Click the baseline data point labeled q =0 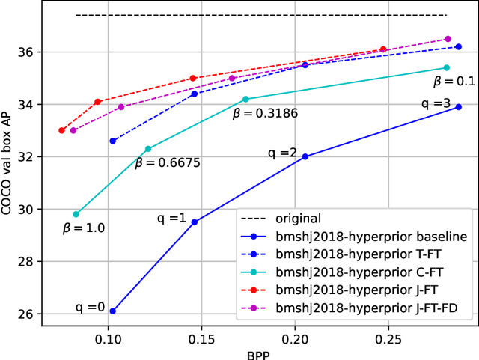(113, 311)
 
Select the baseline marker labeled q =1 (195, 222)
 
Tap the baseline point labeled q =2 (305, 156)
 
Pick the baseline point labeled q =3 (459, 106)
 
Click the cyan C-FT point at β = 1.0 (76, 214)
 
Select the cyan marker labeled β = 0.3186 (245, 99)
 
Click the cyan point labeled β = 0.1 (447, 67)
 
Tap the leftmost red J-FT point (62, 130)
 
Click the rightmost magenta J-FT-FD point (448, 39)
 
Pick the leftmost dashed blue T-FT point (113, 141)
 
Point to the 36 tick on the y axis (27, 52)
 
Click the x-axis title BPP (258, 356)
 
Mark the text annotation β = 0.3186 (265, 114)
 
